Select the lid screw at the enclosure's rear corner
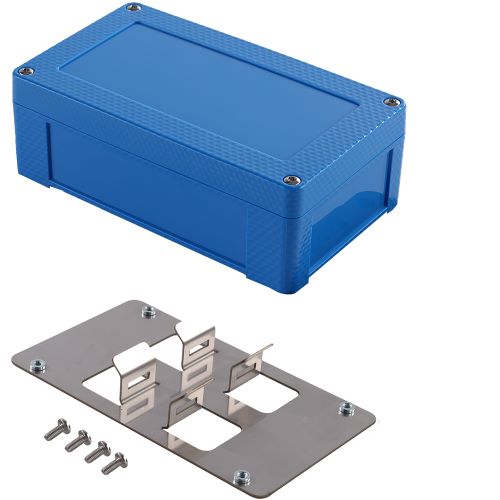134,11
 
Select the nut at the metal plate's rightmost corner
346,408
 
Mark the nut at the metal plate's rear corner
147,311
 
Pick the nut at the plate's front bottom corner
241,476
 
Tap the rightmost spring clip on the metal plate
254,372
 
